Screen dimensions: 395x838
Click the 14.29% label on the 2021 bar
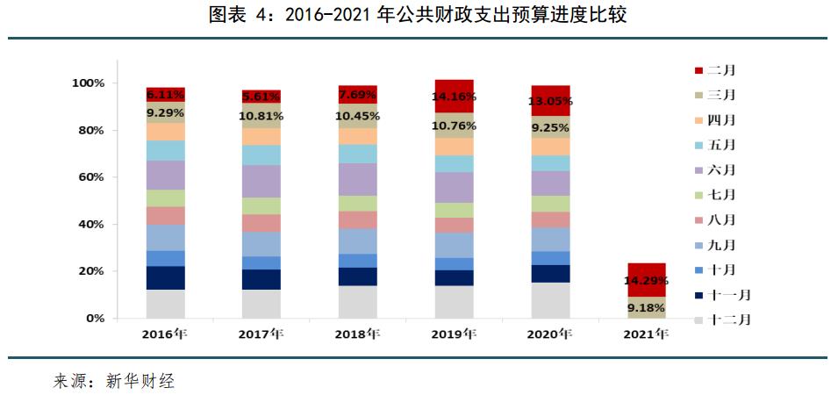[x=645, y=281]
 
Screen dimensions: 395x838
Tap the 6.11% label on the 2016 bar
[x=165, y=94]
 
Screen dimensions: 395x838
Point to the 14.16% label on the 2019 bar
[x=453, y=97]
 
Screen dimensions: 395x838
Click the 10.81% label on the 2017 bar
[x=261, y=116]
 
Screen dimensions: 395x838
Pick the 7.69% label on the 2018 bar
[x=357, y=95]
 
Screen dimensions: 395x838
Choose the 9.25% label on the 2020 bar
[x=549, y=127]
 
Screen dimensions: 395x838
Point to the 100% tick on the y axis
[x=89, y=83]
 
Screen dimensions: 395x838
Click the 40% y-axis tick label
[x=92, y=225]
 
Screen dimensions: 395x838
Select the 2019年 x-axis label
[x=453, y=334]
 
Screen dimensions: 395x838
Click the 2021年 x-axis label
[x=645, y=334]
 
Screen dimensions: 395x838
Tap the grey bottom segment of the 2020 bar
[x=549, y=300]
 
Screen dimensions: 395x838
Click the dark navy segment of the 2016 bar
[x=165, y=277]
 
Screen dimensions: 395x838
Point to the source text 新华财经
[x=140, y=381]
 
